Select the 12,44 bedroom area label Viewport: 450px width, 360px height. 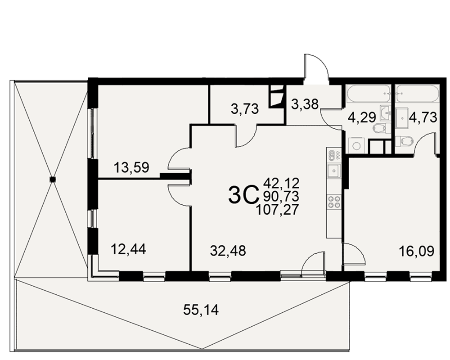pos(128,249)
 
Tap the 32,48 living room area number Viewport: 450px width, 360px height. pos(228,251)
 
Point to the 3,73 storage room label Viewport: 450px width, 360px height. pos(244,109)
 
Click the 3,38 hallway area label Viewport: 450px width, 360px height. pos(305,104)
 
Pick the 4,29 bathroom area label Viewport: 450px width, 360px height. pos(361,117)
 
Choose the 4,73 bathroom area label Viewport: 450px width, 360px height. pos(423,117)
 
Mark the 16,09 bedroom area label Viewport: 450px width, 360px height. pos(417,251)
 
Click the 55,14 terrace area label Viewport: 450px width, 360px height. pos(201,310)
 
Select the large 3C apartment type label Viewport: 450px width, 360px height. pos(242,195)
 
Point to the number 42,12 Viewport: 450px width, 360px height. pos(281,183)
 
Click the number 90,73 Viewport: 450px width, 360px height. pos(281,196)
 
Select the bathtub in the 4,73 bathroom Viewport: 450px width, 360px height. pos(417,94)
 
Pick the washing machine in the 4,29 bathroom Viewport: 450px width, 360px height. pos(356,145)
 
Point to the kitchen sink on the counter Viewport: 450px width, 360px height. pos(334,171)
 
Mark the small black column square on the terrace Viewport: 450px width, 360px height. pos(53,180)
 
